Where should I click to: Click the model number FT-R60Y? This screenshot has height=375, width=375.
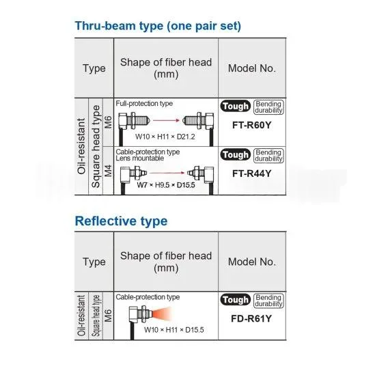[x=251, y=125]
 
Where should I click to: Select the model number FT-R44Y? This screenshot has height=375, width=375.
[x=251, y=173]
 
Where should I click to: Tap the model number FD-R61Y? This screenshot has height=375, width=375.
[x=251, y=318]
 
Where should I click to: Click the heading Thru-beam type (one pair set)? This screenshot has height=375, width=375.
[x=158, y=26]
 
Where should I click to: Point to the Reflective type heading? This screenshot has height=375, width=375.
[x=121, y=221]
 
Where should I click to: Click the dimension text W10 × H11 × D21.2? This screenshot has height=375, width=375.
[x=165, y=137]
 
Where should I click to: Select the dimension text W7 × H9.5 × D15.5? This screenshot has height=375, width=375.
[x=166, y=185]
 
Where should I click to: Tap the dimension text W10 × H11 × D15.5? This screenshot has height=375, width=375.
[x=174, y=330]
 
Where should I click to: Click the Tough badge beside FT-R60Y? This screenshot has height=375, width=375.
[x=236, y=106]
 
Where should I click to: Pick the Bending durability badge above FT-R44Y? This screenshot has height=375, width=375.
[x=268, y=156]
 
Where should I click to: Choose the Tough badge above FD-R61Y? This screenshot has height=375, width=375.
[x=236, y=300]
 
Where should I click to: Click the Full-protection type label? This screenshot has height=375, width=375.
[x=144, y=104]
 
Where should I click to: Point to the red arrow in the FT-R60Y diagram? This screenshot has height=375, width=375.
[x=166, y=120]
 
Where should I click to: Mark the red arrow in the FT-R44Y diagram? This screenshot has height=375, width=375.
[x=167, y=173]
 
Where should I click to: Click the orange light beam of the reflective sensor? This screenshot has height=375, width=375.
[x=161, y=314]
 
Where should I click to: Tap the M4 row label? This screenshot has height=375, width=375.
[x=108, y=171]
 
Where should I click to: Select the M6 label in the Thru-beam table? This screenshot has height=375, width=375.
[x=108, y=122]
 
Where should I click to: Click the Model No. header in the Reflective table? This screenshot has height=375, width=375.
[x=252, y=262]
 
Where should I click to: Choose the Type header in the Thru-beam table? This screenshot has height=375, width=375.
[x=94, y=68]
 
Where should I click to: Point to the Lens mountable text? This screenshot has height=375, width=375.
[x=140, y=158]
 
